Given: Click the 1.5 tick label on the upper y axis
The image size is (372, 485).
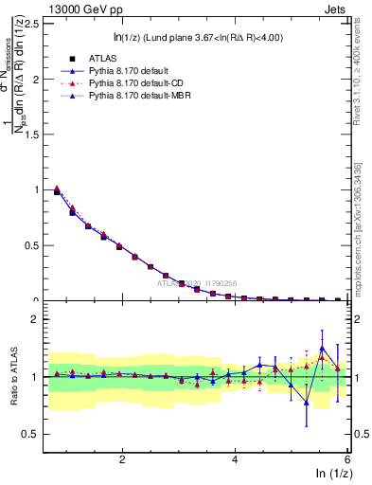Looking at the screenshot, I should (x=34, y=135).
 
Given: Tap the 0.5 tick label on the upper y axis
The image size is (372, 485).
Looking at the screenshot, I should (x=34, y=245).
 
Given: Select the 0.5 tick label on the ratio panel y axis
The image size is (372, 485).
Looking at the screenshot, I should (x=34, y=435).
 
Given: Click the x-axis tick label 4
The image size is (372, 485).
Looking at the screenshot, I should (x=235, y=458).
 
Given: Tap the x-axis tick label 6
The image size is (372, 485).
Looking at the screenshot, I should (x=347, y=458).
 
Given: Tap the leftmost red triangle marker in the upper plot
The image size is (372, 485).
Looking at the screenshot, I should (x=57, y=189).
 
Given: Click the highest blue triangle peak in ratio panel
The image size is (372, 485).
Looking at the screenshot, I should (x=323, y=348).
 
